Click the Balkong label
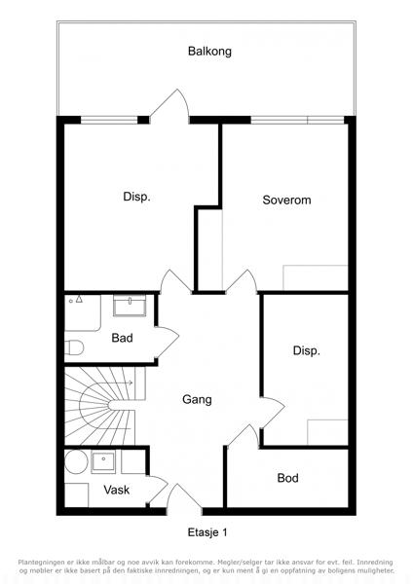(x=209, y=52)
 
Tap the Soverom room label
(x=286, y=200)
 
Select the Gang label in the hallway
(x=197, y=400)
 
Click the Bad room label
(x=122, y=338)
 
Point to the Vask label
(x=116, y=490)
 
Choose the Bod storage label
(x=287, y=478)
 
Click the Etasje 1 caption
(x=207, y=532)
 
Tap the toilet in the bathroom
(x=74, y=347)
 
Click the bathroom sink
(x=130, y=306)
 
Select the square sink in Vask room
(x=103, y=461)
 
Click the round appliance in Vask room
(x=76, y=462)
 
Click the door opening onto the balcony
(x=169, y=104)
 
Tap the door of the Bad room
(x=167, y=343)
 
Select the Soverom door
(x=242, y=282)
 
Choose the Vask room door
(x=157, y=490)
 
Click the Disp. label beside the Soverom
(x=136, y=197)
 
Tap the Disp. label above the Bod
(x=307, y=350)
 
